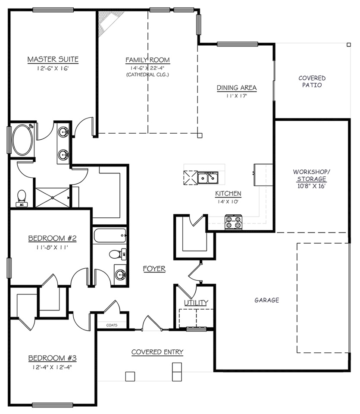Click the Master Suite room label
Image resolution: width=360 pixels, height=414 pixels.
click(53, 59)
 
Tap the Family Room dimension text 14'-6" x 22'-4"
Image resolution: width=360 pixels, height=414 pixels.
click(147, 68)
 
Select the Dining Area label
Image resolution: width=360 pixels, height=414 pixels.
click(236, 88)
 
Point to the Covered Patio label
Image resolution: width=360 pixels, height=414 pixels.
click(312, 82)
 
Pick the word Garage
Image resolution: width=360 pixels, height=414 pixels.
click(266, 300)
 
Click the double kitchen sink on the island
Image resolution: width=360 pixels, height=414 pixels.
click(208, 178)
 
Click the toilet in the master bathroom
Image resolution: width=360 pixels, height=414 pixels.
click(22, 198)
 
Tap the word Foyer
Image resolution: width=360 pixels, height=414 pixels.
click(154, 269)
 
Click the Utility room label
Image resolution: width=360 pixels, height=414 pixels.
click(196, 303)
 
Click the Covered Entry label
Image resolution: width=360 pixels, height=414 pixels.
click(157, 352)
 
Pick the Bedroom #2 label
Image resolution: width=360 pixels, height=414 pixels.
click(46, 238)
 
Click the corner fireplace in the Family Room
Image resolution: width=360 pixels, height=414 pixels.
click(108, 22)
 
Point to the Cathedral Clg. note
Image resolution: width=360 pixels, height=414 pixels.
click(147, 75)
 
